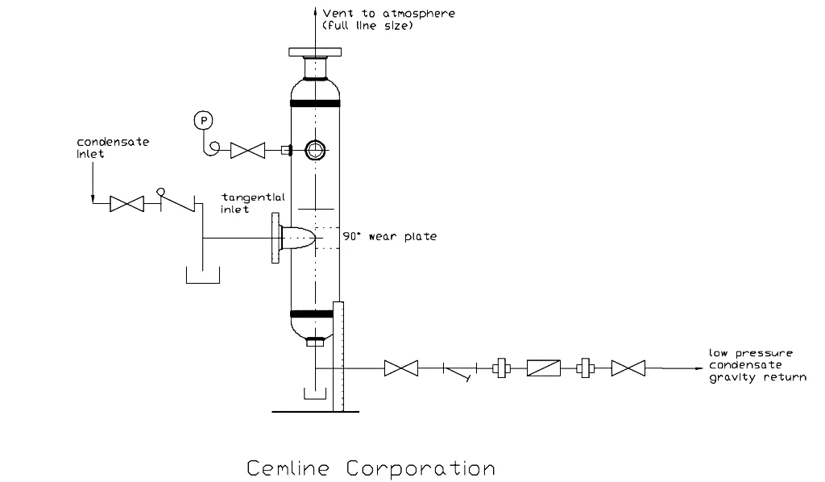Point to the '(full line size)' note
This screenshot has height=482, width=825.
tap(367, 27)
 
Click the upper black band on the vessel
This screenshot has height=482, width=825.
tap(314, 104)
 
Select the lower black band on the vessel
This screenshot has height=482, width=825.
tap(314, 314)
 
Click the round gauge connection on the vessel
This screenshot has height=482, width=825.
tap(314, 150)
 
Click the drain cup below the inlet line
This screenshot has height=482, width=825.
tap(202, 276)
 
